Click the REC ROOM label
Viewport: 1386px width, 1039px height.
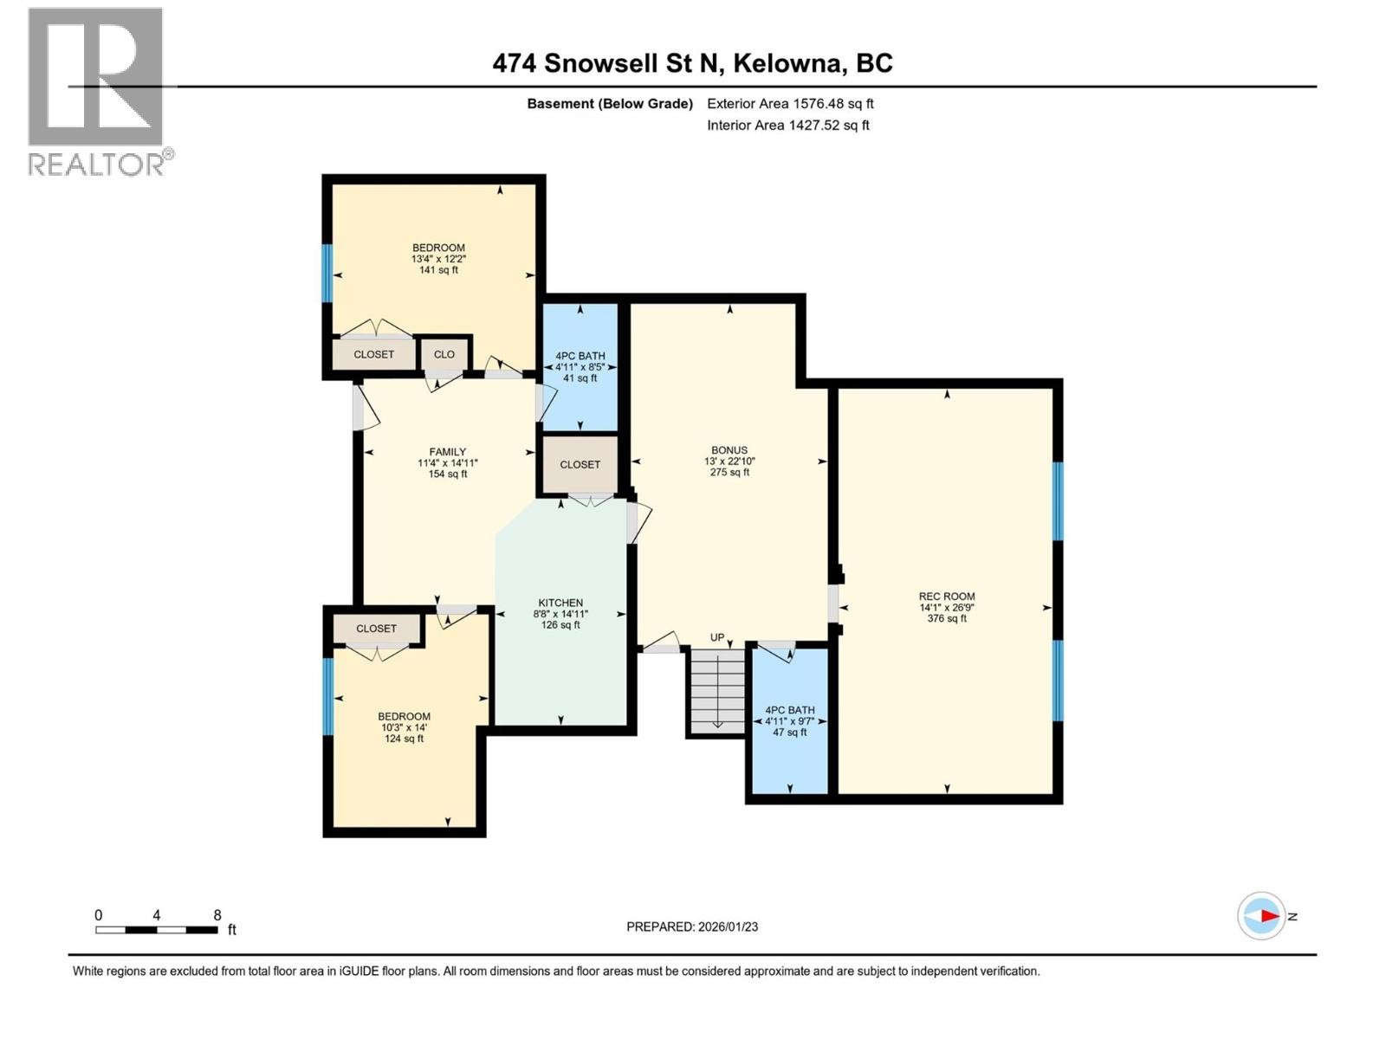tap(947, 597)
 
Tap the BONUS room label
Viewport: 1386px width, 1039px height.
tap(729, 450)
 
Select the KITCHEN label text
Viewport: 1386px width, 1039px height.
tap(560, 603)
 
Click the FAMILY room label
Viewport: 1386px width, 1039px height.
tap(448, 452)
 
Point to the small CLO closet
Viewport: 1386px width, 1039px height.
tap(444, 354)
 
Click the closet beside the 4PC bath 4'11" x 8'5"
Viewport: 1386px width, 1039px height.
tap(580, 465)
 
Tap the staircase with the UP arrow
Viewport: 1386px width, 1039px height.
tap(717, 690)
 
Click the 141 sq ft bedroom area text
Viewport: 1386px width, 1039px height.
tap(438, 270)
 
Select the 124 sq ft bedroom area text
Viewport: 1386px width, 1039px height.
tap(404, 739)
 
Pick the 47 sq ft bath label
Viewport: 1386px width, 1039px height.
tap(789, 732)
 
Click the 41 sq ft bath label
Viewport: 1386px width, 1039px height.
tap(580, 378)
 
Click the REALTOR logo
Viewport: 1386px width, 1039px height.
tap(97, 91)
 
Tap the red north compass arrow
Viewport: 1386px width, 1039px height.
tap(1268, 916)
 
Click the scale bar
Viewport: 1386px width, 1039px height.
tap(157, 930)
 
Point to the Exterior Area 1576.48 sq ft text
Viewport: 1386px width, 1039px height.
tap(790, 104)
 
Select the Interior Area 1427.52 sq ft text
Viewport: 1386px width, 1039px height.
tap(787, 126)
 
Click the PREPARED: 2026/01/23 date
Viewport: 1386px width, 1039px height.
tap(692, 926)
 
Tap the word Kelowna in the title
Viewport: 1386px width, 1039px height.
tap(790, 63)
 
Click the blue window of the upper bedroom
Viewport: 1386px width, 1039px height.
tap(327, 273)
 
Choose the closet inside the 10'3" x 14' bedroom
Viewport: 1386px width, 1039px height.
tap(376, 629)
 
